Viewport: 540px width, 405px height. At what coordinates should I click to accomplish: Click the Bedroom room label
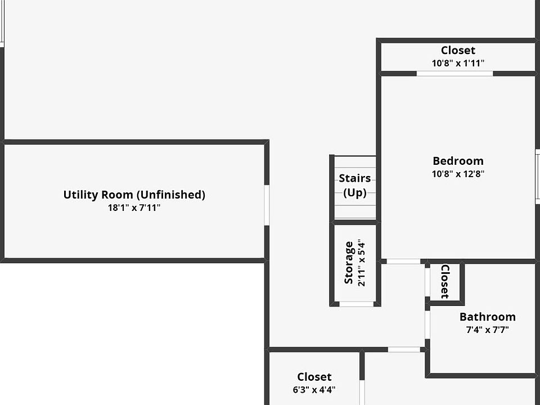tap(458, 161)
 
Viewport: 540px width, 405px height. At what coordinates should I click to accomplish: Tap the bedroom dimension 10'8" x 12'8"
tap(458, 174)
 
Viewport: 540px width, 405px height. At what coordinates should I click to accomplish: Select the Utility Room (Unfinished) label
tap(134, 195)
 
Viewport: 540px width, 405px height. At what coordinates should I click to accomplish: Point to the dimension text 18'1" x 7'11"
tap(134, 208)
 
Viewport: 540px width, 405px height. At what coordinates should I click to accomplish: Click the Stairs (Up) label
tap(354, 186)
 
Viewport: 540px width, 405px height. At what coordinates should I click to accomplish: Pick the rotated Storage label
tap(349, 263)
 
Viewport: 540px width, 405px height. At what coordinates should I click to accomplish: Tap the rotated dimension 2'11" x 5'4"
tap(361, 263)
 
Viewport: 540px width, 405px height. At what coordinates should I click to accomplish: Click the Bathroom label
tap(487, 317)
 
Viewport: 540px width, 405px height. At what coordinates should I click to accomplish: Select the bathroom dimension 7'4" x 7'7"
tap(487, 330)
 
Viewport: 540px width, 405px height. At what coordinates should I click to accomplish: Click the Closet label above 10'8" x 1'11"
tap(458, 51)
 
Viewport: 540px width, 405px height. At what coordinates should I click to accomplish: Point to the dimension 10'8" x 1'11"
tap(458, 64)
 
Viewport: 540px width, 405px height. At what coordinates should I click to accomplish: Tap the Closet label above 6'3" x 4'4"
tap(314, 377)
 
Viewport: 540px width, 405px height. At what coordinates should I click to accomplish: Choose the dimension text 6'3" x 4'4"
tap(314, 389)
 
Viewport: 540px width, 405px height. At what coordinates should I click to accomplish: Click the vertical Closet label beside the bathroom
tap(444, 281)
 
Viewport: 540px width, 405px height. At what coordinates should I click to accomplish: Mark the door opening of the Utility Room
tap(267, 205)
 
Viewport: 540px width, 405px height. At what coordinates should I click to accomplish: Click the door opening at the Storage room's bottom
tap(357, 304)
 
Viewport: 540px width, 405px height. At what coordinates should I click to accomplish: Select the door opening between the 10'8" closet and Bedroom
tap(454, 74)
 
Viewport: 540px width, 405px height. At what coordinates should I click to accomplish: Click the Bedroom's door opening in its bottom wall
tap(403, 261)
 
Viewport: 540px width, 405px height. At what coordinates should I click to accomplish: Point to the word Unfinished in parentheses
tap(171, 195)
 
